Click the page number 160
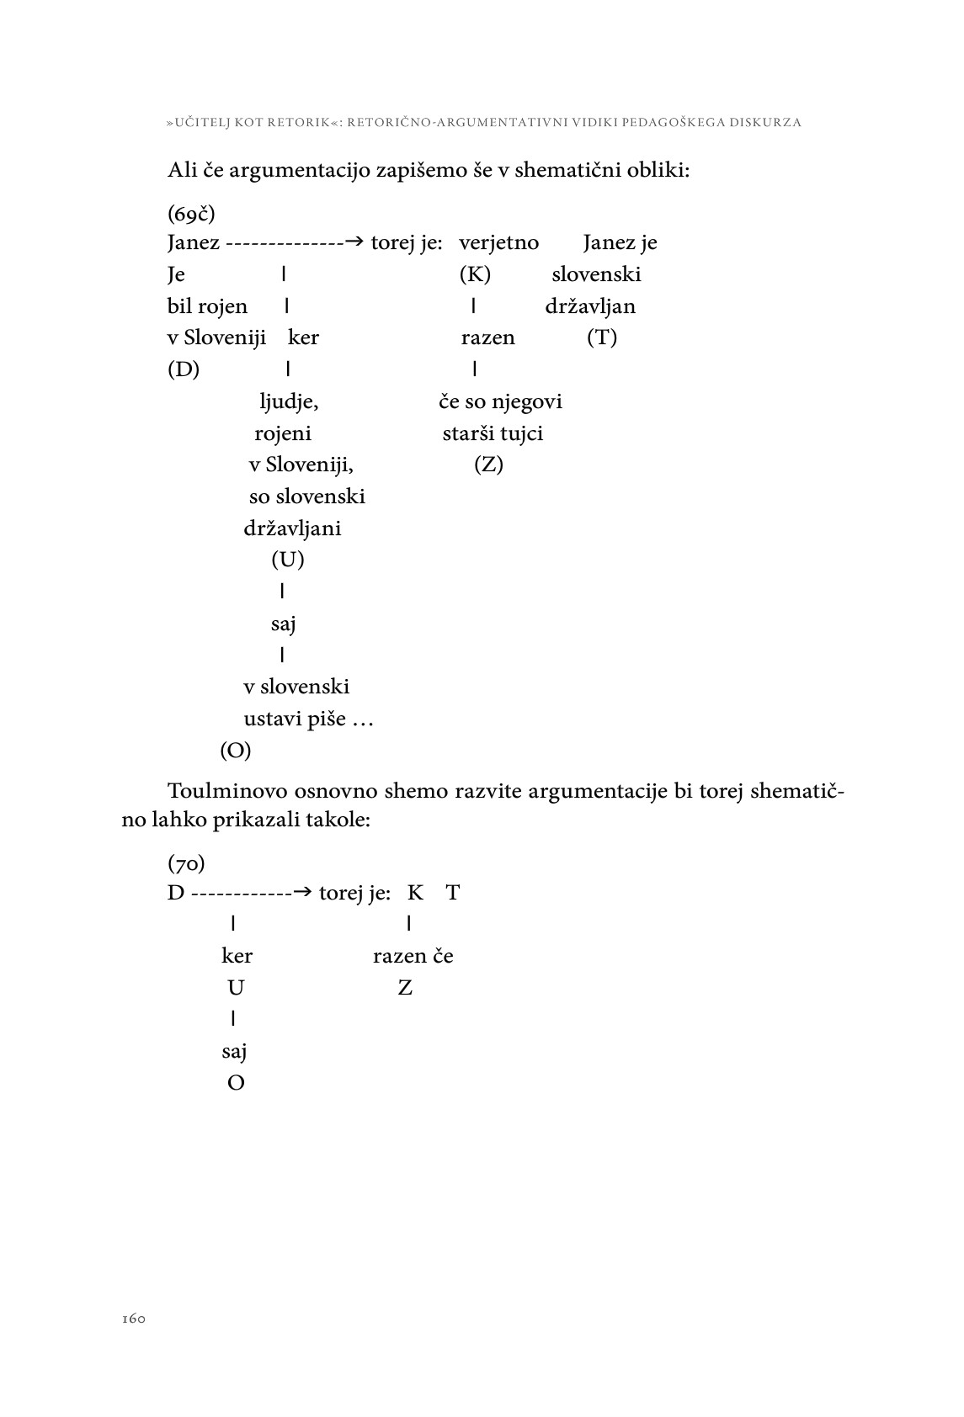tap(134, 1319)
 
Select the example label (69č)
tap(191, 213)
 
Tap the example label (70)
tap(186, 862)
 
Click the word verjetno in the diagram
tap(498, 243)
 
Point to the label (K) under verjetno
tap(475, 274)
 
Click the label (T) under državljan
tap(602, 338)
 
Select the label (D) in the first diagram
tap(184, 369)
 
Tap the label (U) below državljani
tap(287, 560)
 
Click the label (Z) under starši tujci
tap(488, 464)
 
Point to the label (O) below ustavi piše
tap(236, 751)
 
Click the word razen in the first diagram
tap(487, 338)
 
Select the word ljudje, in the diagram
tap(289, 402)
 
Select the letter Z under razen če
tap(405, 988)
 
